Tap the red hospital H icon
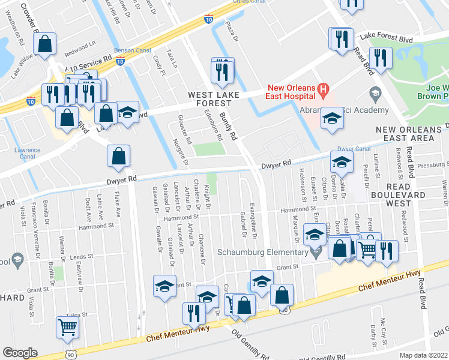click(324, 91)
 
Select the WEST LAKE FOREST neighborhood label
click(214, 100)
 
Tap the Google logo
click(20, 352)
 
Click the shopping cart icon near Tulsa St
click(67, 327)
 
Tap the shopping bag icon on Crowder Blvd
click(45, 43)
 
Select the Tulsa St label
click(77, 314)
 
